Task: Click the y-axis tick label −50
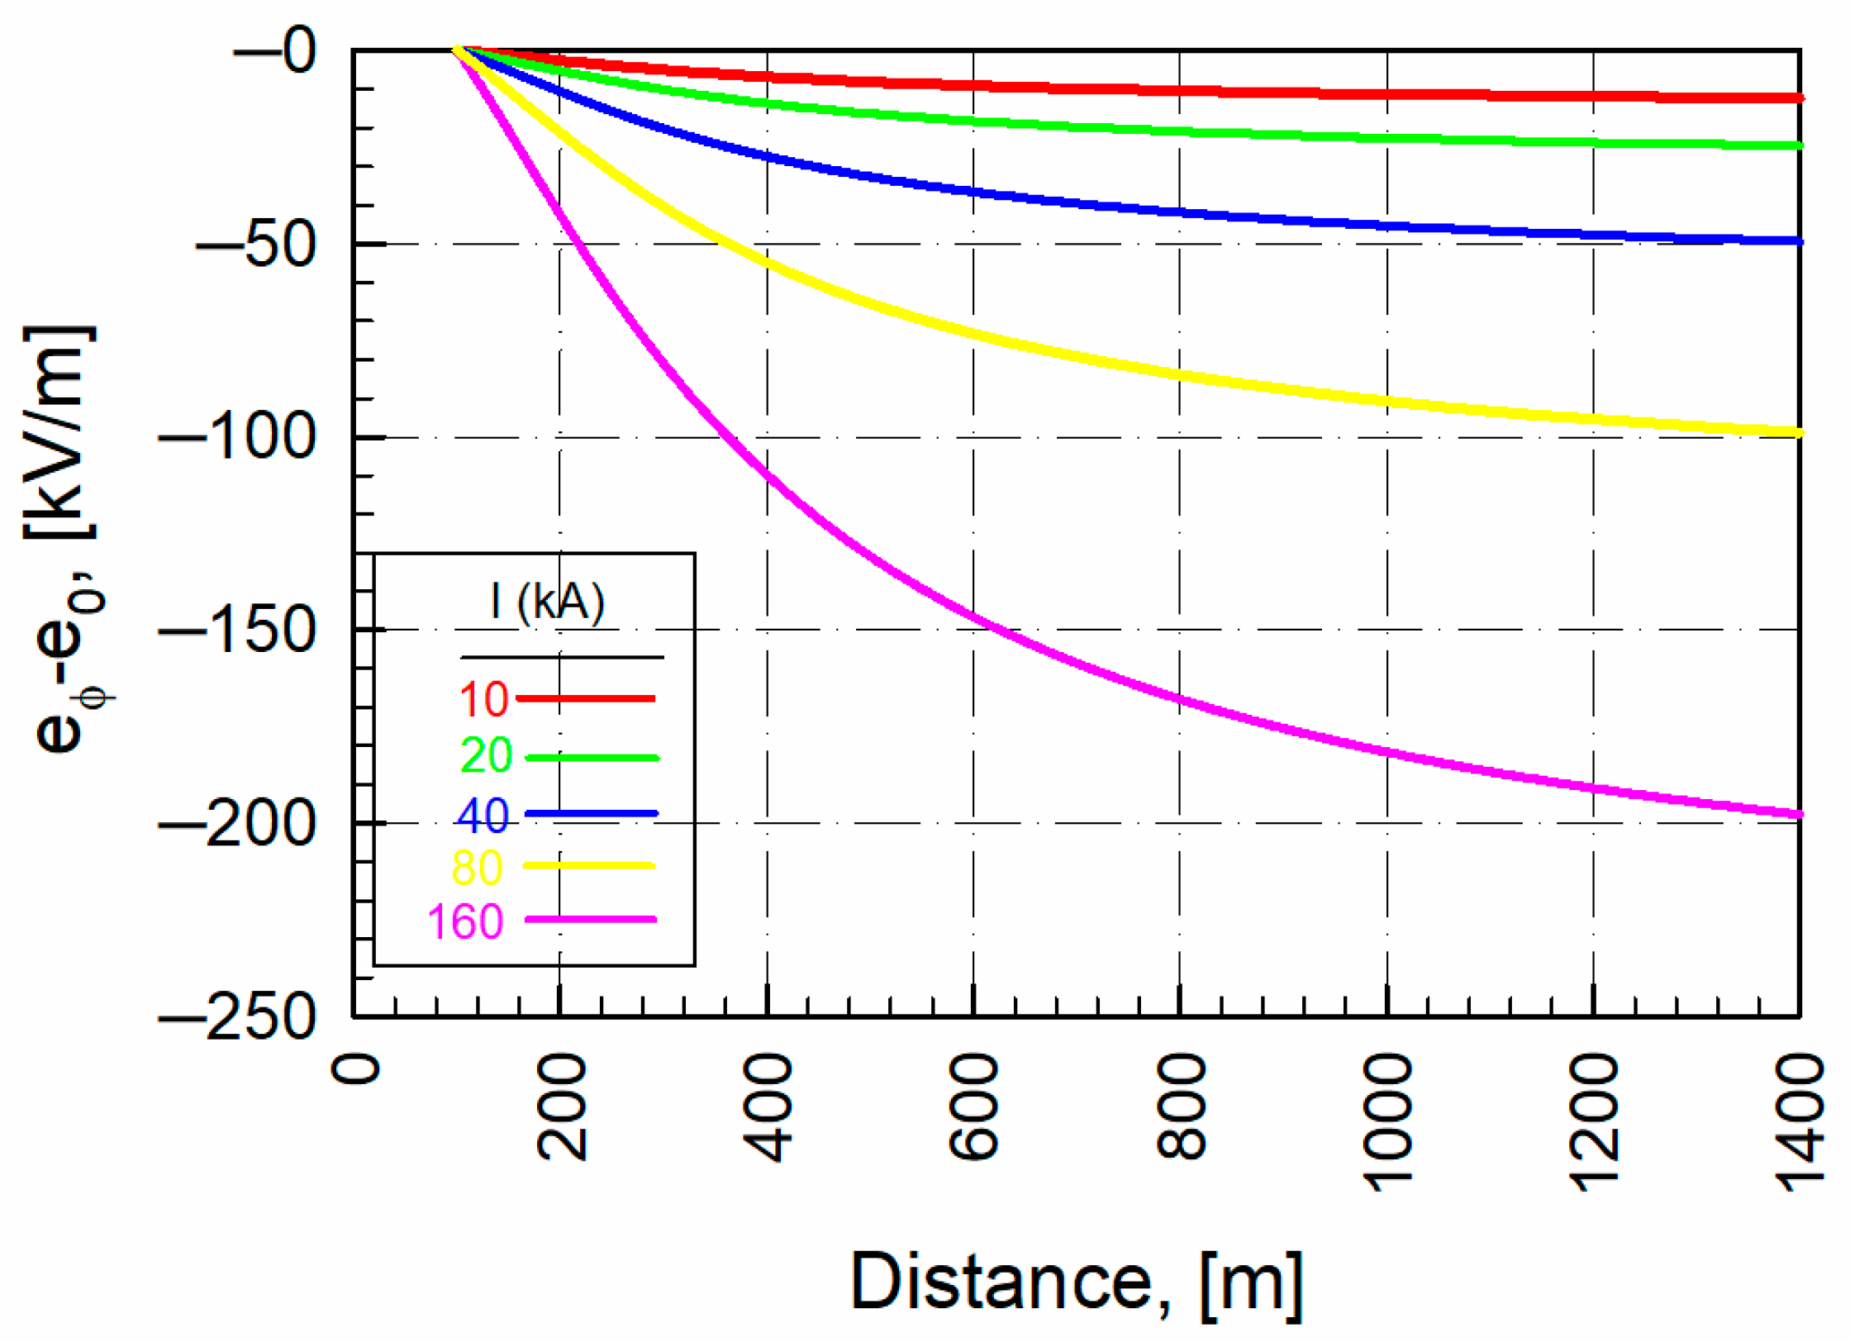[256, 245]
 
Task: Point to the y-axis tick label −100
[237, 437]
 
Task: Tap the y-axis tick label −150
[237, 631]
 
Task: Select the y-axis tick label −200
[237, 824]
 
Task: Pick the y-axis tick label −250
[237, 1017]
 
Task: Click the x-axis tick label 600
[974, 1107]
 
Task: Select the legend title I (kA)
[547, 602]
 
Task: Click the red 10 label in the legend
[483, 699]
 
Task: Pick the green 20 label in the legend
[486, 755]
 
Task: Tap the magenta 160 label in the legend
[465, 921]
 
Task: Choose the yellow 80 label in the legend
[477, 868]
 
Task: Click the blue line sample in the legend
[591, 814]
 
